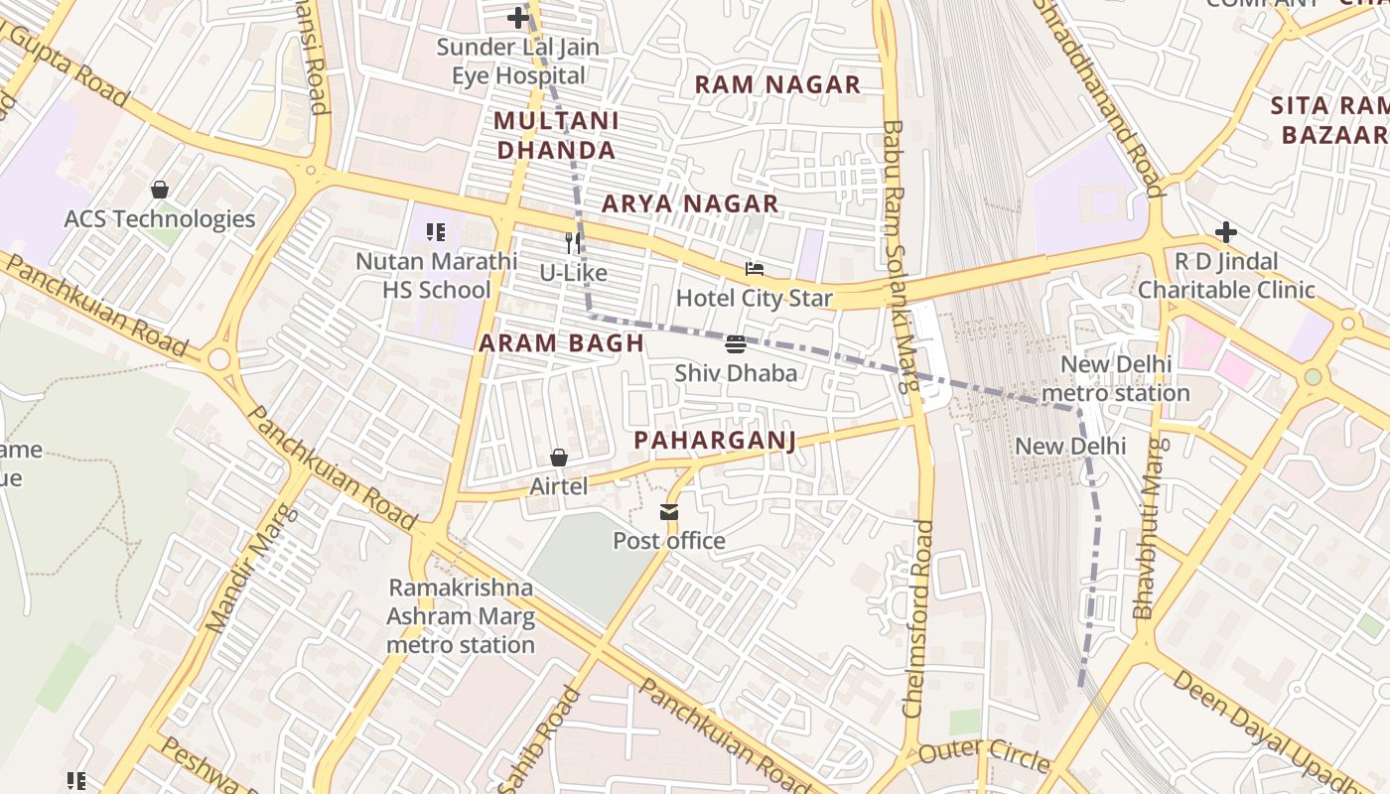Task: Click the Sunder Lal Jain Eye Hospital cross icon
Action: tap(517, 18)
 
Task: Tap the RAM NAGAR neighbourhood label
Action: tap(777, 84)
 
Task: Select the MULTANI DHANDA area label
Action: tap(556, 136)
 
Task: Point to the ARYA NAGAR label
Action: tap(690, 204)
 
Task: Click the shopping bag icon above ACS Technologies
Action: tap(159, 190)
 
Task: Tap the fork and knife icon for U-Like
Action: tap(572, 243)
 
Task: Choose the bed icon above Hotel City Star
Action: tap(755, 269)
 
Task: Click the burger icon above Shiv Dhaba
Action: tap(736, 344)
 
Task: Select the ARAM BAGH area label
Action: tap(561, 343)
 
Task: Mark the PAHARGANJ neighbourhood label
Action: tap(715, 440)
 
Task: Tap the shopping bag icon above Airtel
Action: tap(559, 458)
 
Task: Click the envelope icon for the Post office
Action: tap(669, 512)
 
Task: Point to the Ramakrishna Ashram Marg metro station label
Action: tap(461, 616)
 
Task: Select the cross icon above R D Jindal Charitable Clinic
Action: tap(1226, 233)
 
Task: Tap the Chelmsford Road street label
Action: tap(919, 618)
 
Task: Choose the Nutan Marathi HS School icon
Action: tap(435, 232)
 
